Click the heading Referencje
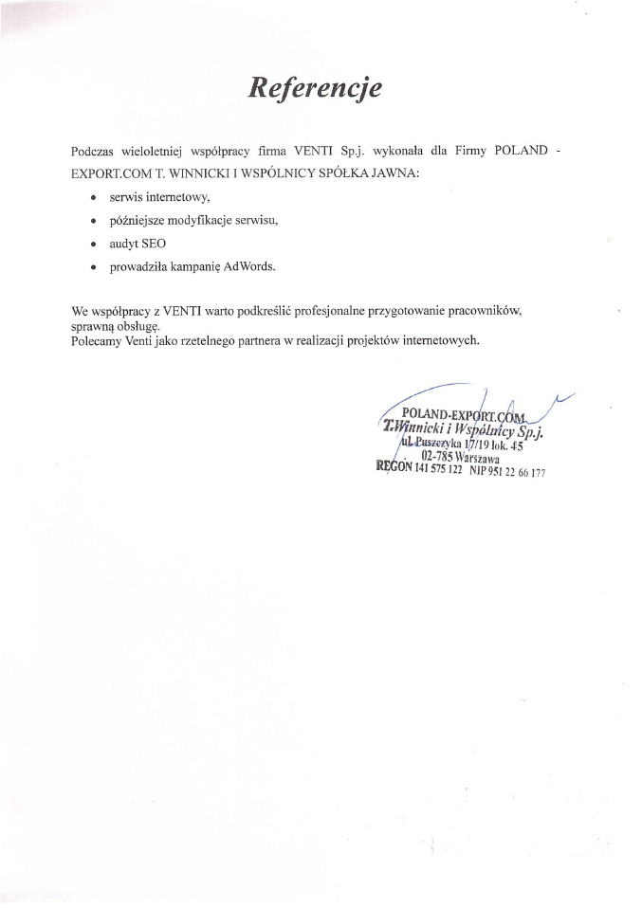coord(315,87)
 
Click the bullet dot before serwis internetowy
coord(91,198)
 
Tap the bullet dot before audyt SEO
coord(91,245)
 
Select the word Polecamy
coord(97,340)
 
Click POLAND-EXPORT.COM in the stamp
coord(463,414)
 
